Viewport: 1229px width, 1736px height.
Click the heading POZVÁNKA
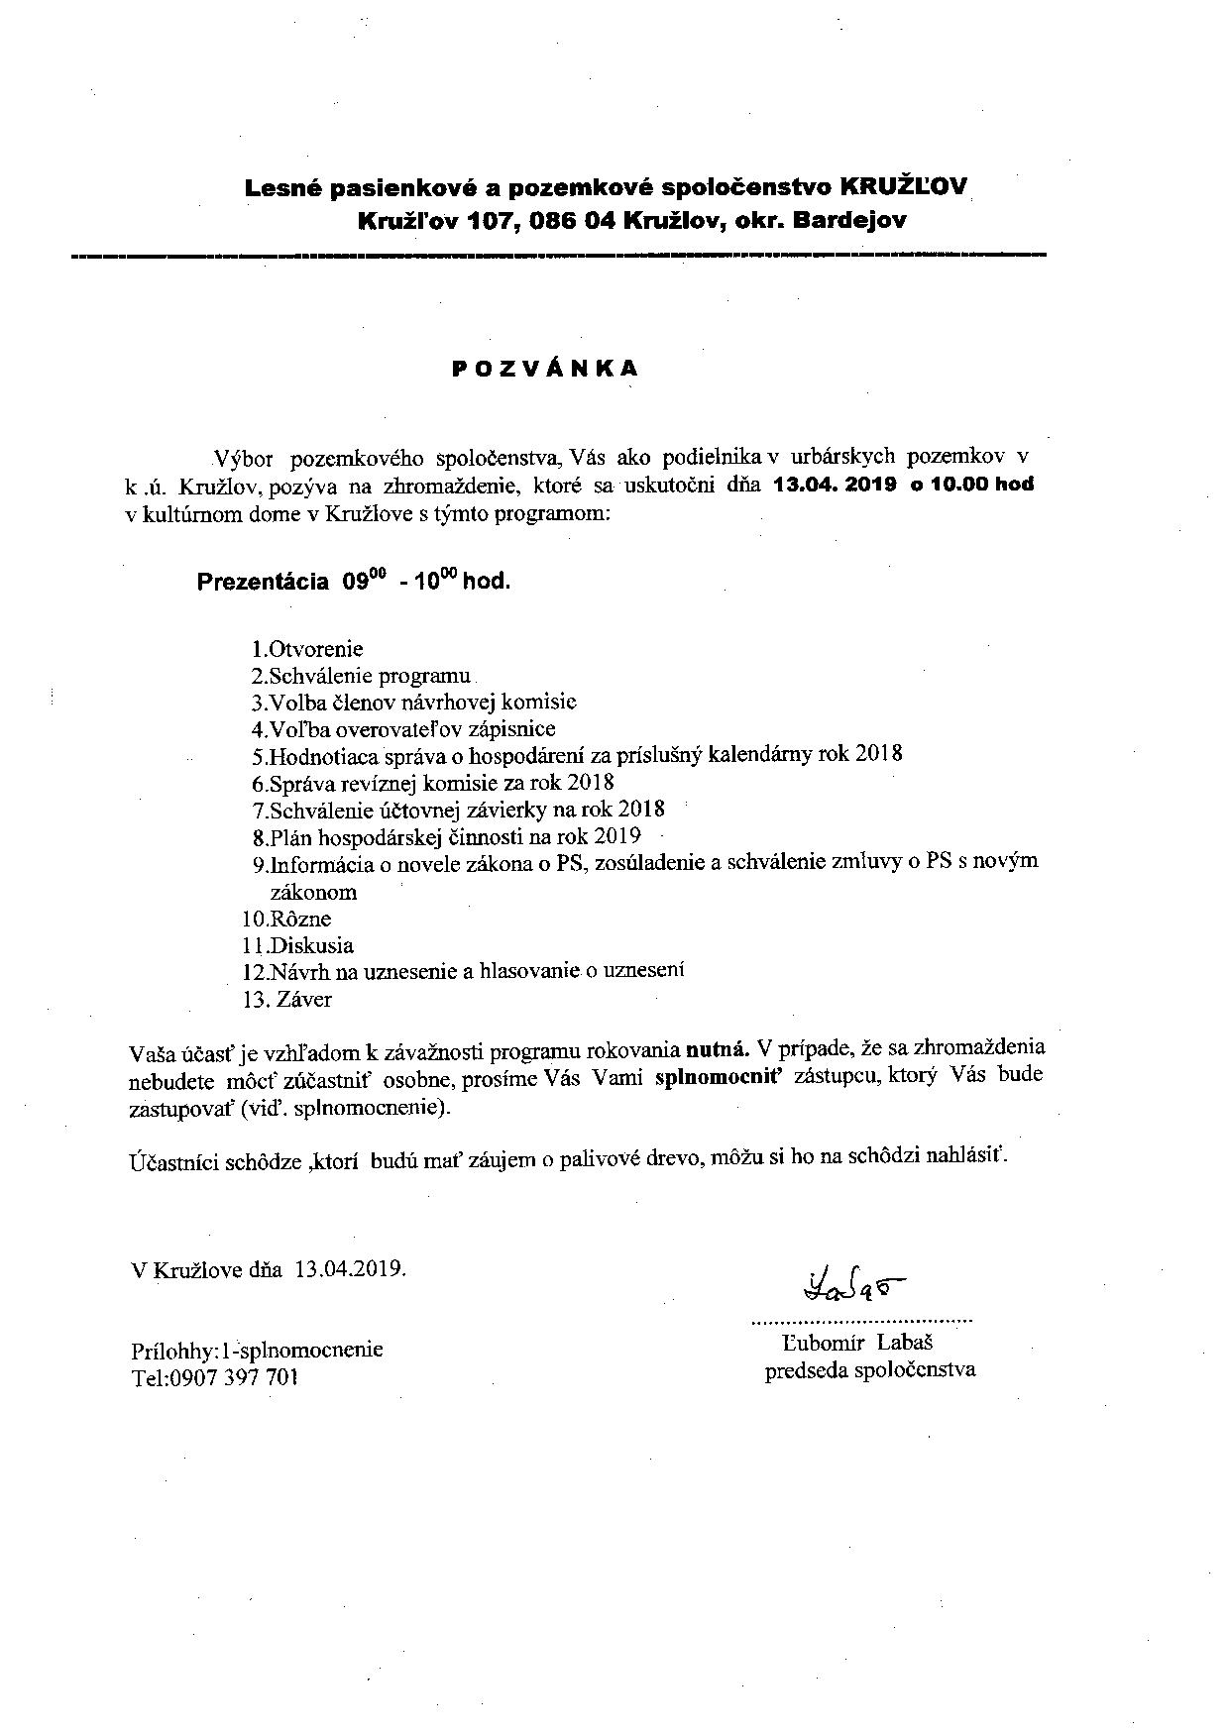coord(545,369)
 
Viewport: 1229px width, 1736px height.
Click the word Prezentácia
coord(263,582)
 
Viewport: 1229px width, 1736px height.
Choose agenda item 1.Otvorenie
coord(307,649)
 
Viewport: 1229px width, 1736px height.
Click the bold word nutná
coord(717,1047)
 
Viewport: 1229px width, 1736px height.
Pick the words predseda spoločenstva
coord(870,1370)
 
